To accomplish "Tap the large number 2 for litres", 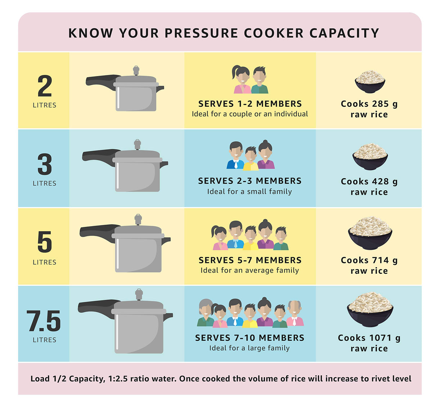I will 45,86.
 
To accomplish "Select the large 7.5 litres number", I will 44,321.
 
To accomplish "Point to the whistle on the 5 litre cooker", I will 138,219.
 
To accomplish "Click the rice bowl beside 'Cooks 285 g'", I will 370,82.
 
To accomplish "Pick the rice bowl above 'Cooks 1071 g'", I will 370,309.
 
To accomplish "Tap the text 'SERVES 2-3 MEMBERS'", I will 249,181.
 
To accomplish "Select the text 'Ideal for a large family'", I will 249,348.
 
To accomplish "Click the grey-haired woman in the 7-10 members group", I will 206,312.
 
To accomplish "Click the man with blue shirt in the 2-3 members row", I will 235,156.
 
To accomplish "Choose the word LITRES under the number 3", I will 45,183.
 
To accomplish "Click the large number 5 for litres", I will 45,242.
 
